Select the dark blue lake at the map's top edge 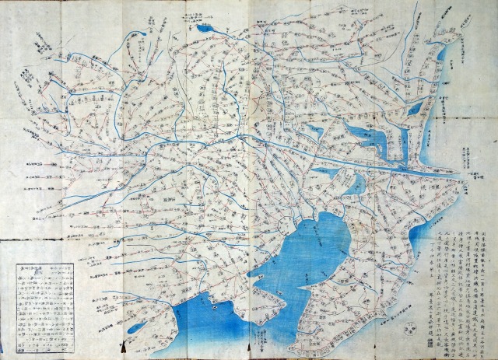pyautogui.click(x=206, y=30)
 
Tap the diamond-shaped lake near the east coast pyautogui.click(x=416, y=110)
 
